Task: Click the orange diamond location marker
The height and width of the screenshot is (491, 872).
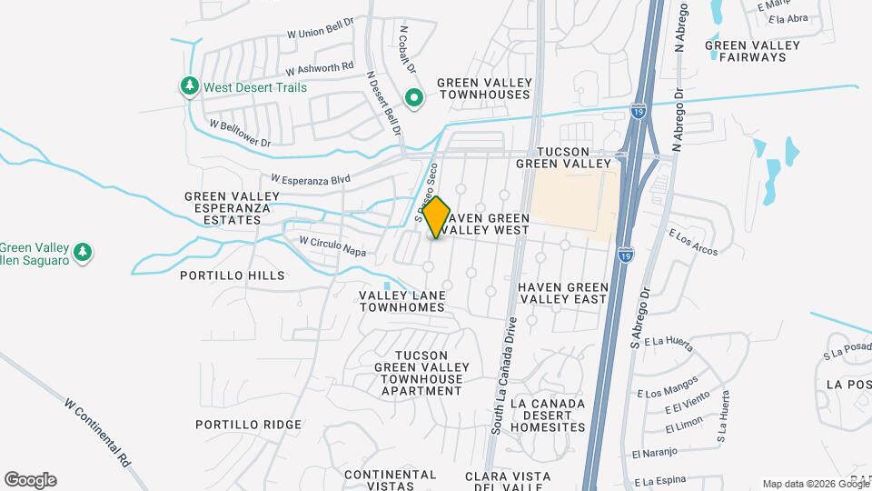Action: (437, 217)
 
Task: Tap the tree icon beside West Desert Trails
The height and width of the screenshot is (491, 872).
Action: (189, 86)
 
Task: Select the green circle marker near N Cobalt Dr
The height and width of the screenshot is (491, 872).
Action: (414, 96)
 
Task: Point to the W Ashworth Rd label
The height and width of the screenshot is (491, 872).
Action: (319, 68)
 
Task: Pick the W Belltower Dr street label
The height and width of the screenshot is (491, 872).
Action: (240, 133)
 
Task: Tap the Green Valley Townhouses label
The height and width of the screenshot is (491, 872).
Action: (483, 88)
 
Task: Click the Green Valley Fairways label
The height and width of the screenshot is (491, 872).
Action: (752, 51)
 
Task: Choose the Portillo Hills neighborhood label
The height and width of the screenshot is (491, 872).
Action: (233, 275)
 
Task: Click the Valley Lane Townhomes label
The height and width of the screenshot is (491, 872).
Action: (402, 302)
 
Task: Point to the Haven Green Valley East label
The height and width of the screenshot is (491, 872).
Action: (562, 293)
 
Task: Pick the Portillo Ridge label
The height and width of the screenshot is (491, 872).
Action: (248, 425)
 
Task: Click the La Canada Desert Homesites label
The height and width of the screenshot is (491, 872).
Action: (548, 415)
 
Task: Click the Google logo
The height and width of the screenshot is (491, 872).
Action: (30, 480)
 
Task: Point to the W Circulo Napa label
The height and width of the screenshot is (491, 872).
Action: (332, 245)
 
